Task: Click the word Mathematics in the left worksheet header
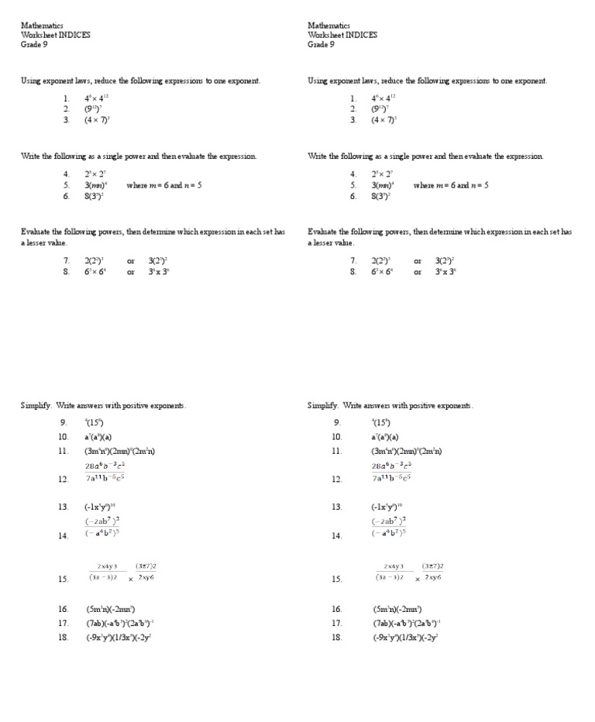tap(42, 26)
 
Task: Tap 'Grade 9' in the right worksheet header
tap(321, 44)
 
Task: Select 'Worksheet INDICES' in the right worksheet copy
tap(342, 35)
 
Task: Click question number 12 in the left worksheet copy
tap(64, 480)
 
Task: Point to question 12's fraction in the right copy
tap(391, 473)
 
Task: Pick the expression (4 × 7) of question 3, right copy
tap(383, 120)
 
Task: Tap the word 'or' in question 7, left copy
tap(131, 261)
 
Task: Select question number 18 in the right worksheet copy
tap(336, 638)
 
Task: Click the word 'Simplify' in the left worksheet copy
tap(36, 406)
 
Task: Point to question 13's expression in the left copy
tap(100, 507)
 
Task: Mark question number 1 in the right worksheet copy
tap(353, 98)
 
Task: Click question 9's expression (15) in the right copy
tap(381, 423)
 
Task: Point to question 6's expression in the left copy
tap(95, 197)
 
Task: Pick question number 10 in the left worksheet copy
tap(64, 437)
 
